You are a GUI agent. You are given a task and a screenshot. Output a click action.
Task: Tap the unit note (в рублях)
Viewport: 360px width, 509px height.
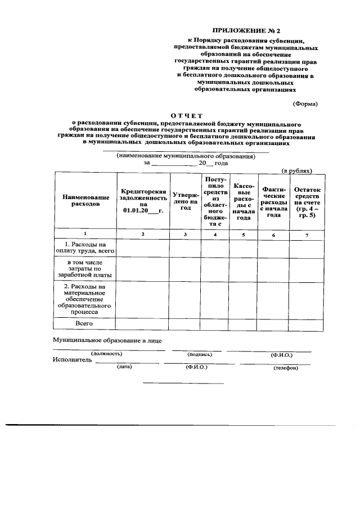point(296,170)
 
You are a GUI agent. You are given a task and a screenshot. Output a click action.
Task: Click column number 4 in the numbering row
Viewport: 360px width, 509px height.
point(215,234)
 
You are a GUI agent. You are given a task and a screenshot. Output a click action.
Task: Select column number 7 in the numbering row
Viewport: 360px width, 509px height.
point(307,234)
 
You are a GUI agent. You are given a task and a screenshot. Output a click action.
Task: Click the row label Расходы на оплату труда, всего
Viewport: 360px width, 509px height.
point(85,248)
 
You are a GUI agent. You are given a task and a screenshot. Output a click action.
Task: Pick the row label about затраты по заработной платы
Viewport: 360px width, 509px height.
point(85,269)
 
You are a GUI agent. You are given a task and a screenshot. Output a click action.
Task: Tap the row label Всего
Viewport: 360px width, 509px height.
point(84,323)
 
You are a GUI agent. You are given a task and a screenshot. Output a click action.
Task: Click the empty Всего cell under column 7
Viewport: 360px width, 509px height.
point(307,324)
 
